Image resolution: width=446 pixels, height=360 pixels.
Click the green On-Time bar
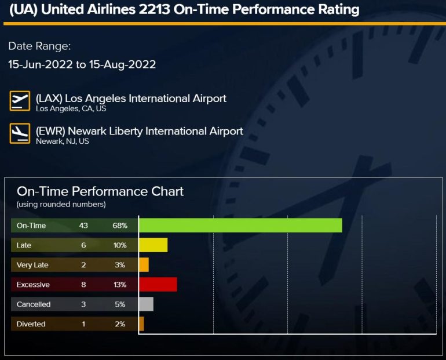point(240,226)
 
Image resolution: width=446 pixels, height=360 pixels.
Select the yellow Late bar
point(153,245)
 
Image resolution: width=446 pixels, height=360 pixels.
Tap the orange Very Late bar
point(144,265)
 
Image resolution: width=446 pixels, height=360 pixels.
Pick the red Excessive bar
point(158,285)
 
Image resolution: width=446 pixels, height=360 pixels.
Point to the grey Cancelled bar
point(146,304)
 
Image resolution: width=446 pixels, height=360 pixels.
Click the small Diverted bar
point(141,324)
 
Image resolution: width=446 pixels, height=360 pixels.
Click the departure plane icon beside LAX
point(20,101)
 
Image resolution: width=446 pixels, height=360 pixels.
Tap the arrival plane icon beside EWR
point(20,133)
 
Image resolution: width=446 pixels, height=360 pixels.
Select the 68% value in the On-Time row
point(120,226)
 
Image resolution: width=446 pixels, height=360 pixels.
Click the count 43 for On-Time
point(83,226)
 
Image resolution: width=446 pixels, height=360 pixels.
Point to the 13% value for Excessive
point(120,285)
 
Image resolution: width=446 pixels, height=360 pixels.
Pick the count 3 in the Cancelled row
point(83,304)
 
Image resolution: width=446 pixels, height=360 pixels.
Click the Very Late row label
point(32,265)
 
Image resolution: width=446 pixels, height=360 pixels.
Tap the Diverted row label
point(31,324)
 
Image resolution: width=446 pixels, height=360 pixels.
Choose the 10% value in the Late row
point(120,245)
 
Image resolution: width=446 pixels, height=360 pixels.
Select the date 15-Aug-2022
point(122,64)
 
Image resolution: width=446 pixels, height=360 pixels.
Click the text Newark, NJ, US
point(63,141)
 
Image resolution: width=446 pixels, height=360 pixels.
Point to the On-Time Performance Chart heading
point(100,191)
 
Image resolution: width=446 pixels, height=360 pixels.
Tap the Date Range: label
point(39,46)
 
